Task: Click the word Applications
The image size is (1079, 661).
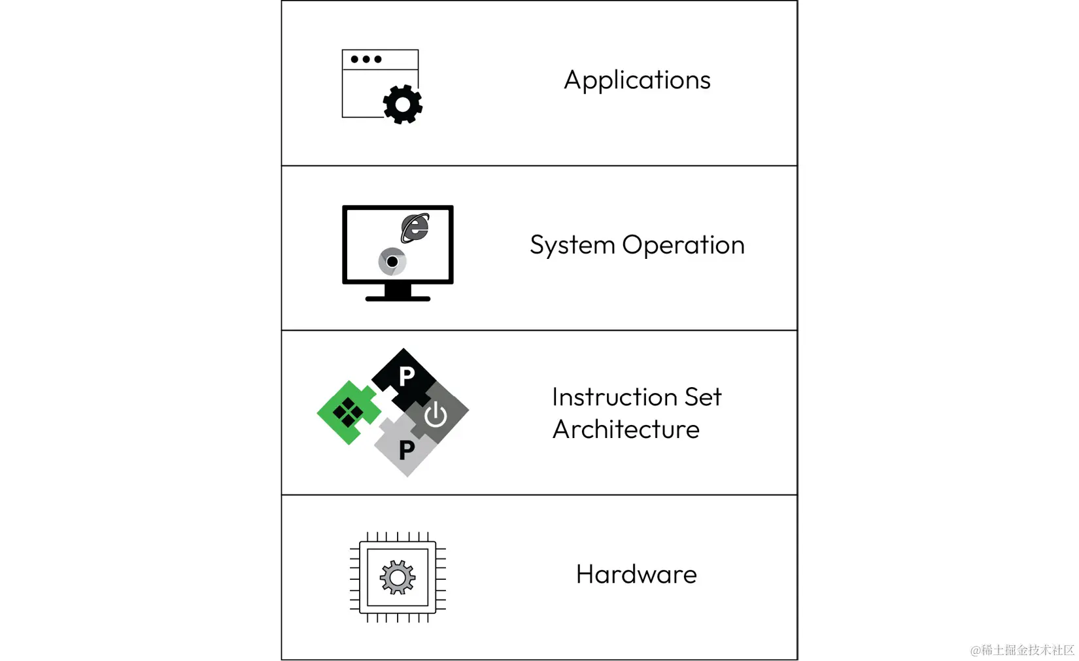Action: pyautogui.click(x=637, y=80)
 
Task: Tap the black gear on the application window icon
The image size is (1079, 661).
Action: pyautogui.click(x=403, y=105)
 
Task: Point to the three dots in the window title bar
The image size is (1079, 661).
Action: pyautogui.click(x=366, y=59)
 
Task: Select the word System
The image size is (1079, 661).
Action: pyautogui.click(x=572, y=246)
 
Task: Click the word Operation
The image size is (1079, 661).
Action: pyautogui.click(x=683, y=245)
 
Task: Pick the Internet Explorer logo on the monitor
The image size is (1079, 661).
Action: pyautogui.click(x=415, y=228)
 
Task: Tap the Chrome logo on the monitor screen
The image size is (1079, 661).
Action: pyautogui.click(x=392, y=262)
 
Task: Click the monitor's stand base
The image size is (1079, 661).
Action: pyautogui.click(x=398, y=298)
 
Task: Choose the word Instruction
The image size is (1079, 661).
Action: pyautogui.click(x=614, y=397)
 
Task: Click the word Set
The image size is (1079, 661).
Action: pyautogui.click(x=703, y=397)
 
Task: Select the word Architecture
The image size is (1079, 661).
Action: pyautogui.click(x=626, y=430)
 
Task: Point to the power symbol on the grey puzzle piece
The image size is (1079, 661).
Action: pyautogui.click(x=436, y=415)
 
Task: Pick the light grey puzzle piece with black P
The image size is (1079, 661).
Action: pyautogui.click(x=405, y=450)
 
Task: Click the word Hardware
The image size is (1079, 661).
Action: pyautogui.click(x=636, y=575)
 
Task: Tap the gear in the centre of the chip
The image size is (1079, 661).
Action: pyautogui.click(x=398, y=577)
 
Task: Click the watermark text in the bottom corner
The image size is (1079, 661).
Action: pyautogui.click(x=1021, y=650)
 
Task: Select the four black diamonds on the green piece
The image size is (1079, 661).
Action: pyautogui.click(x=348, y=412)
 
